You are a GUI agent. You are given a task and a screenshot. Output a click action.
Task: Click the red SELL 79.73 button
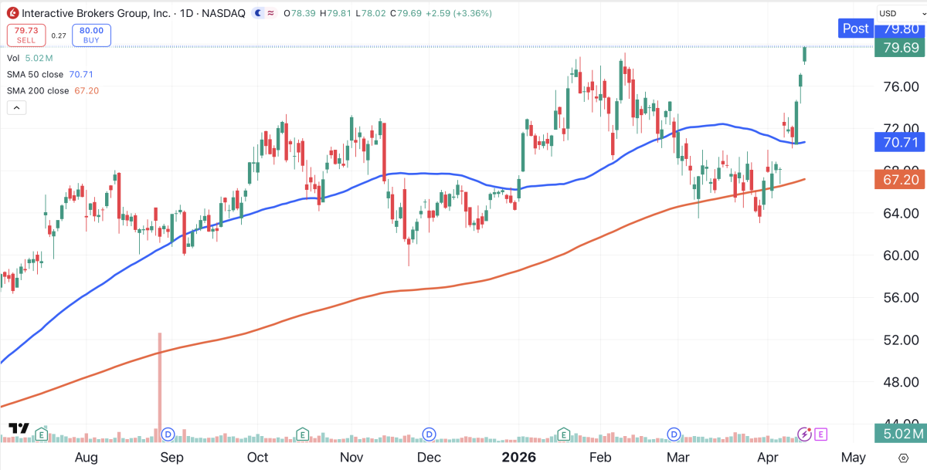pyautogui.click(x=26, y=35)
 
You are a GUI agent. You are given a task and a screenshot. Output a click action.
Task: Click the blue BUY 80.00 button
pyautogui.click(x=91, y=35)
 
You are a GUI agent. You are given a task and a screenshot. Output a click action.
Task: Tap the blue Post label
pyautogui.click(x=855, y=29)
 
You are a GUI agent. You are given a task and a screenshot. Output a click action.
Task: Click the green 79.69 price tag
pyautogui.click(x=900, y=48)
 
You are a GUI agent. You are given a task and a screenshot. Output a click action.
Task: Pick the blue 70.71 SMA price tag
pyautogui.click(x=900, y=142)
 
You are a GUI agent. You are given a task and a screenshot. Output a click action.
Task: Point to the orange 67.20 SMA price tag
pyautogui.click(x=900, y=179)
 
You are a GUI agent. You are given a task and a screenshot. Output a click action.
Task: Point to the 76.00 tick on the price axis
pyautogui.click(x=900, y=86)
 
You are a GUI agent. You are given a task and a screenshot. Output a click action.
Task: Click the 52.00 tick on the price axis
pyautogui.click(x=900, y=340)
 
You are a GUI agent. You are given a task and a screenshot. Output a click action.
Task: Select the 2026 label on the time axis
pyautogui.click(x=520, y=457)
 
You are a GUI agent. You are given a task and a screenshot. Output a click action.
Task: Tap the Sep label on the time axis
pyautogui.click(x=171, y=457)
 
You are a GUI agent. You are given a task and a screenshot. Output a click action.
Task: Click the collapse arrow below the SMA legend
pyautogui.click(x=16, y=107)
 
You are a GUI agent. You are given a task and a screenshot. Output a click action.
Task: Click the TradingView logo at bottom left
pyautogui.click(x=19, y=429)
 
